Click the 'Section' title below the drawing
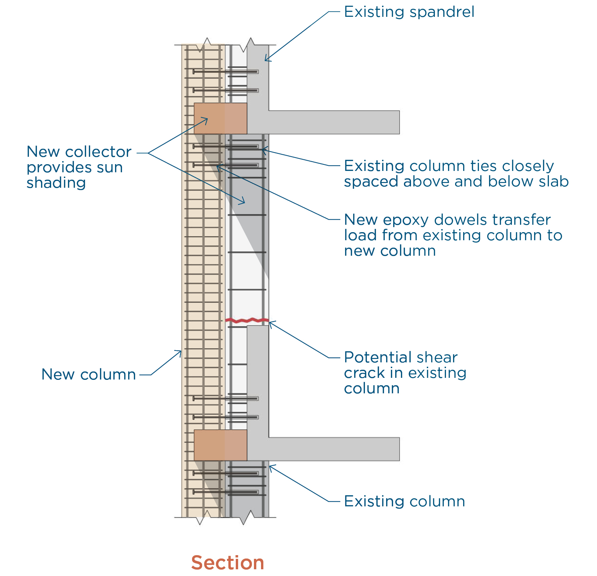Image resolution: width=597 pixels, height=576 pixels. point(228,563)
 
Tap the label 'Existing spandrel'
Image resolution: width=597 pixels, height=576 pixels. point(409,12)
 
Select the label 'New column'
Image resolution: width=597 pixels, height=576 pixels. point(88,374)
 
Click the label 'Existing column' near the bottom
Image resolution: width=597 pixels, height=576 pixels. point(404,501)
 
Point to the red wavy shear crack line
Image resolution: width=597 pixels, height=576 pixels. point(247,320)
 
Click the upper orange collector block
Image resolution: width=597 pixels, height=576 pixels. point(220,118)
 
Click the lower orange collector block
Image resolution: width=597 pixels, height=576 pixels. point(220,445)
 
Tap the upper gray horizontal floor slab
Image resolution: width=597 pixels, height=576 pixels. point(333,122)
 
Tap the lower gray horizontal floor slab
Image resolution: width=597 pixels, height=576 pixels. point(333,449)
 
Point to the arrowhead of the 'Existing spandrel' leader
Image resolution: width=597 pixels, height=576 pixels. point(266,60)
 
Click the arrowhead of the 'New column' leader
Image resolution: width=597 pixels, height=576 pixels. point(181,351)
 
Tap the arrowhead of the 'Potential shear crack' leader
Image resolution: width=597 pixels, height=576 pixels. point(270,322)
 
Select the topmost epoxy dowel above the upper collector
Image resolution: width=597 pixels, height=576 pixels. point(225,72)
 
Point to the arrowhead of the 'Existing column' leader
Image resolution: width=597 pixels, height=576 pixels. point(270,466)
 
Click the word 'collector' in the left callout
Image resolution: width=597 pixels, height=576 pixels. point(98,152)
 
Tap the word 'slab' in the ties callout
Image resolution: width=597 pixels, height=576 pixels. point(553,181)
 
